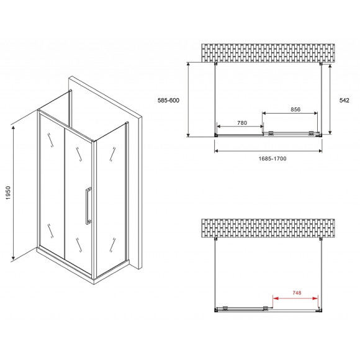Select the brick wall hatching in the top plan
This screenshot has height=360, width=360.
click(x=268, y=53)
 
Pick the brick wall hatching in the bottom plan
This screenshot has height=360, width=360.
click(x=268, y=230)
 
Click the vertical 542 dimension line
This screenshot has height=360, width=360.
click(x=329, y=99)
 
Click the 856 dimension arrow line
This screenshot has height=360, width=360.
click(x=291, y=115)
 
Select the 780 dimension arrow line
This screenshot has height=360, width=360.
click(x=241, y=128)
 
